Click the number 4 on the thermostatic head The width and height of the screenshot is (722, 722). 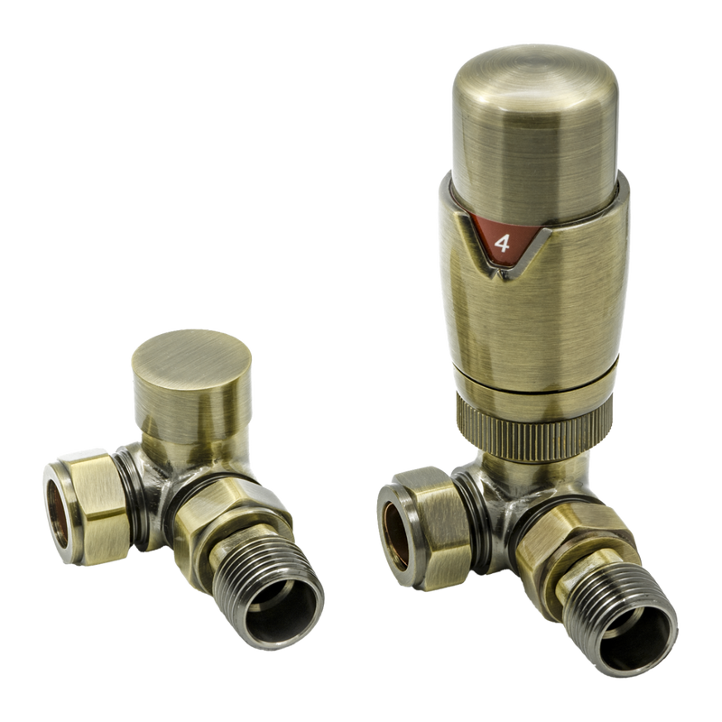(502, 242)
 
